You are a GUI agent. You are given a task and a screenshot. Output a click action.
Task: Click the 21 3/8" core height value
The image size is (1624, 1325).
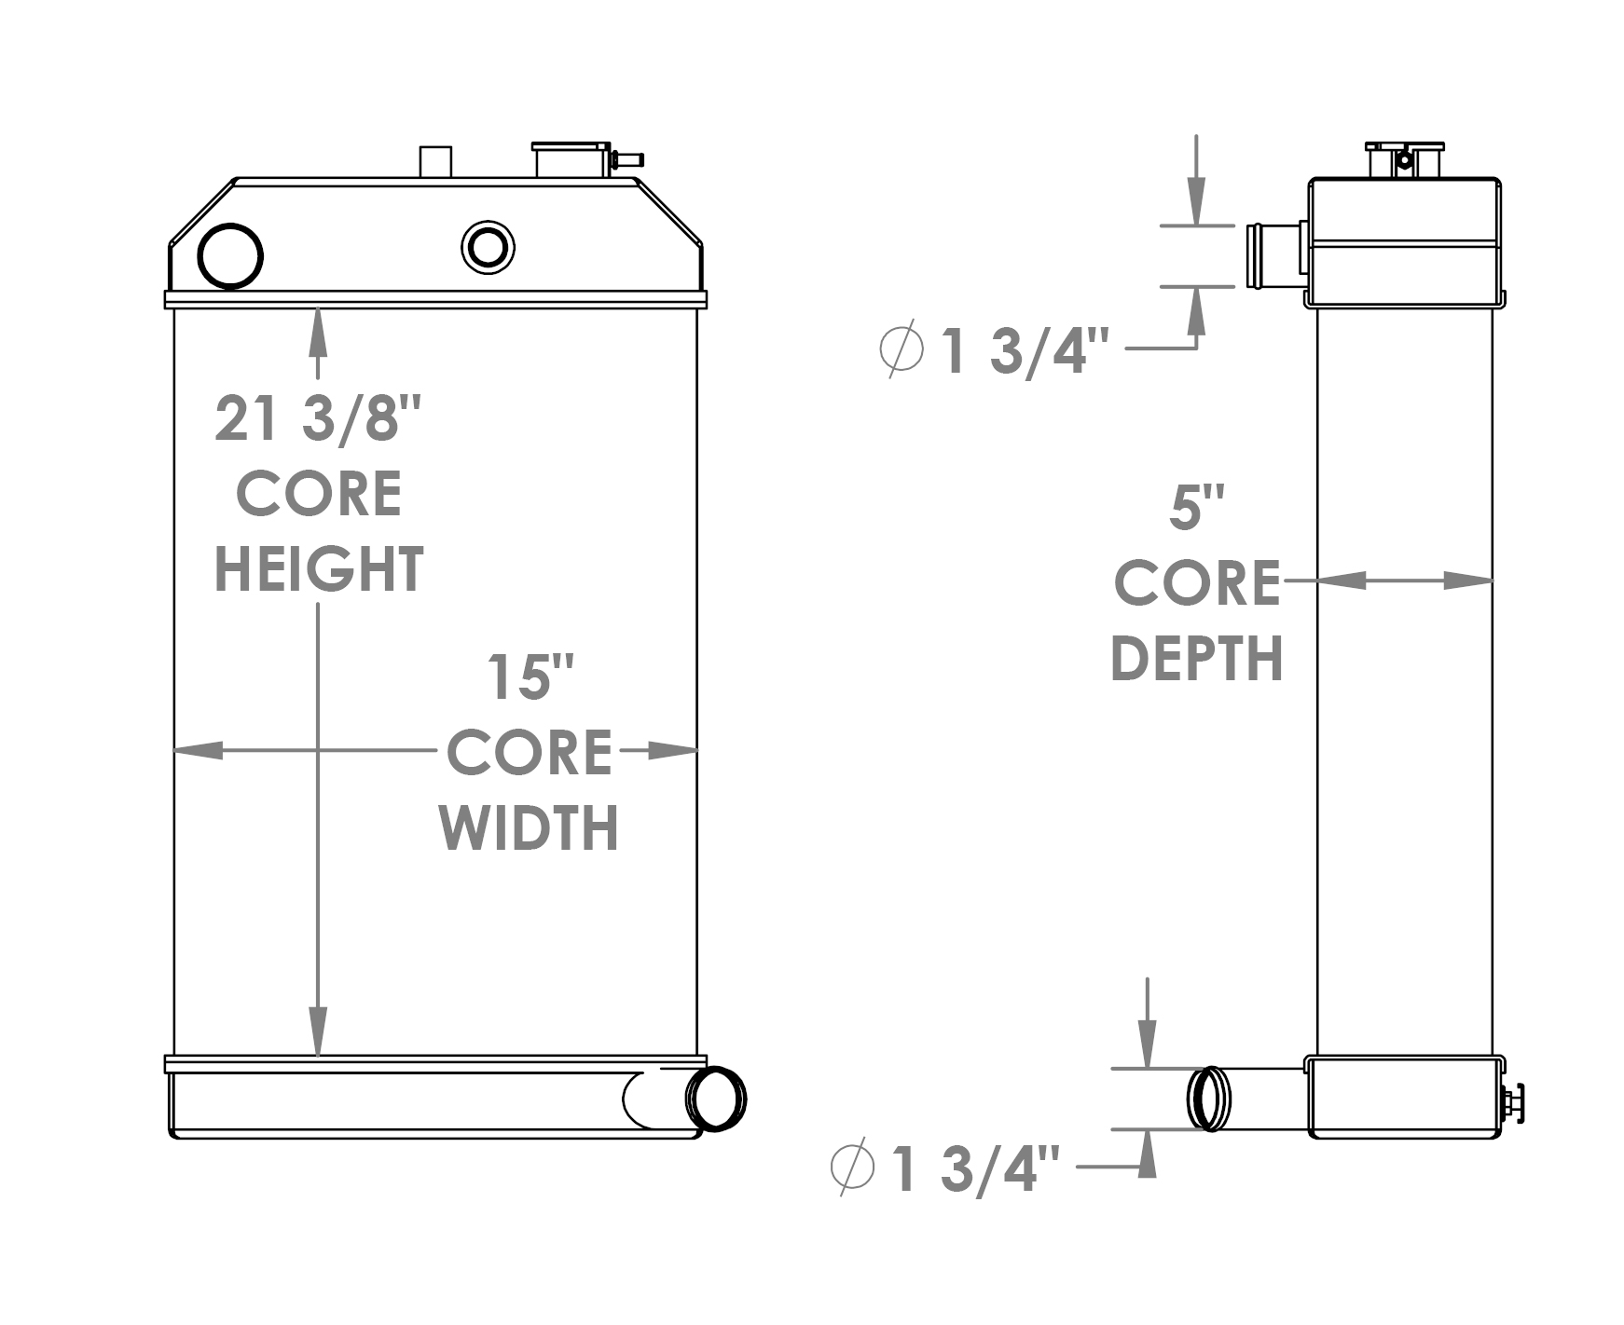pyautogui.click(x=319, y=418)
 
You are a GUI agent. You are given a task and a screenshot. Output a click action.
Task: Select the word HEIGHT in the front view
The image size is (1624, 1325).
pyautogui.click(x=319, y=569)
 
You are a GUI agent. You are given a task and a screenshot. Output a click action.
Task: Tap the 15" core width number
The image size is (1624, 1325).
pyautogui.click(x=530, y=677)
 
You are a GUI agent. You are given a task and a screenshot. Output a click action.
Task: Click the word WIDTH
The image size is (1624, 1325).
pyautogui.click(x=530, y=827)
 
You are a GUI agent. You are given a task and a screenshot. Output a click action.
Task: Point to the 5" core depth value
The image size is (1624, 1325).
pyautogui.click(x=1196, y=509)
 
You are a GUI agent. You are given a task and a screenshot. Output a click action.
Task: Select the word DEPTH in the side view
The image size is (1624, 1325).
pyautogui.click(x=1196, y=659)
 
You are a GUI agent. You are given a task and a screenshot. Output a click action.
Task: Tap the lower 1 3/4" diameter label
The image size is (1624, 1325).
pyautogui.click(x=975, y=1169)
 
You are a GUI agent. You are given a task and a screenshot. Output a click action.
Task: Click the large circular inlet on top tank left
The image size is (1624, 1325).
pyautogui.click(x=231, y=256)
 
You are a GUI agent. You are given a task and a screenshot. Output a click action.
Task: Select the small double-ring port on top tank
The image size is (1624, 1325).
pyautogui.click(x=488, y=248)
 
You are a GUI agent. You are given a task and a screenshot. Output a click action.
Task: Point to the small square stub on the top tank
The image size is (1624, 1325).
pyautogui.click(x=435, y=161)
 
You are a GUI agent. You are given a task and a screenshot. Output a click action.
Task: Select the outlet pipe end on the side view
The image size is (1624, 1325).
pyautogui.click(x=1209, y=1099)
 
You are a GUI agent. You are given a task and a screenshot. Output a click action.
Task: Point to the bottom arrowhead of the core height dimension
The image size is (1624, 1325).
pyautogui.click(x=319, y=1034)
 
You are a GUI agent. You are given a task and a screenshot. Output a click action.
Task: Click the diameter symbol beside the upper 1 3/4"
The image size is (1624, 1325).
pyautogui.click(x=901, y=350)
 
